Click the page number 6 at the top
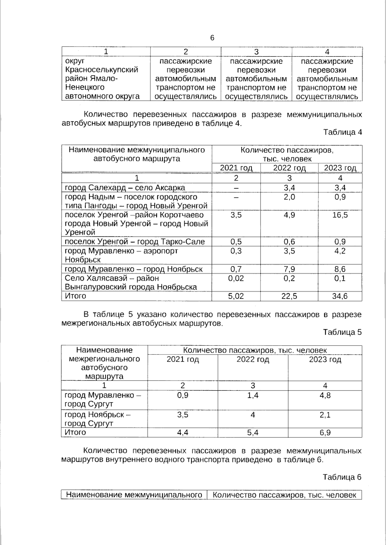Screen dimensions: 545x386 coord(212,38)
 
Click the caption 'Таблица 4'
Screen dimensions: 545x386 coord(342,132)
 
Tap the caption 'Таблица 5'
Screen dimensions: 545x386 coord(342,332)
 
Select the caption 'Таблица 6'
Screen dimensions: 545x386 coord(342,477)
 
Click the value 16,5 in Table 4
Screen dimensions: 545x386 coord(340,215)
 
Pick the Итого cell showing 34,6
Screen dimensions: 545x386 coord(340,296)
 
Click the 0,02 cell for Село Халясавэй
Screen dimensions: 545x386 coord(236,278)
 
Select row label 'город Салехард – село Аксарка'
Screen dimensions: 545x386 coord(125,188)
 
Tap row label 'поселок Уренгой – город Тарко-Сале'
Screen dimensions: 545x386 coord(135,242)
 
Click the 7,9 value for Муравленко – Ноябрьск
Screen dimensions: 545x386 coord(289,269)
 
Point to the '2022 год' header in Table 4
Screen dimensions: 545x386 coord(289,168)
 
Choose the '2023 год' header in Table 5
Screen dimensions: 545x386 coord(325,360)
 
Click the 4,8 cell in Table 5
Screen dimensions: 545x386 coord(325,395)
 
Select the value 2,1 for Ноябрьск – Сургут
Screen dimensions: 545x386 coord(325,415)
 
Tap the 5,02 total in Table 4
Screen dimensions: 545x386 coord(236,296)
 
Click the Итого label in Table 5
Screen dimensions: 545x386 coord(75,432)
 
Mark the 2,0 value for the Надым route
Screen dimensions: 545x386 coord(289,197)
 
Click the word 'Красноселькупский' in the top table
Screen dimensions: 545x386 coord(102,70)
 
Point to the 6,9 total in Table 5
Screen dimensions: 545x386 coord(325,433)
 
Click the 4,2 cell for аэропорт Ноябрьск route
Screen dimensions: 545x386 coord(340,251)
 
